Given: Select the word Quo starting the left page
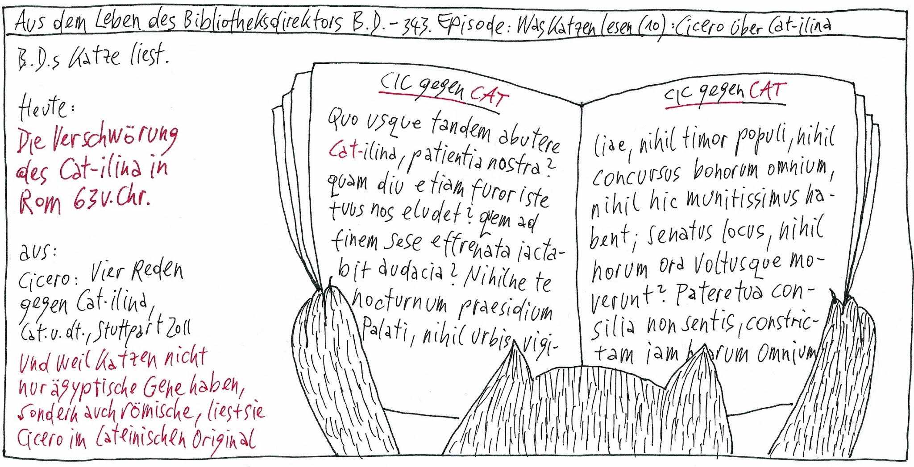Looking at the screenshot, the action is pyautogui.click(x=343, y=118).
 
